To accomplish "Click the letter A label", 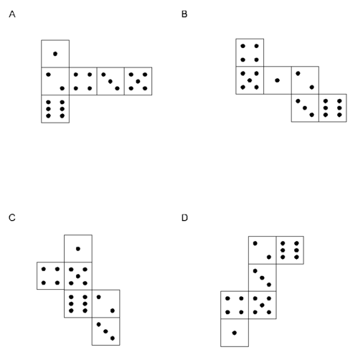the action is coord(12,14).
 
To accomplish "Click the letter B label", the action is coord(184,14).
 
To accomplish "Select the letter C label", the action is coord(12,218).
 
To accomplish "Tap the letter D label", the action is coord(184,218).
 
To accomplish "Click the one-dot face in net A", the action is coord(55,54).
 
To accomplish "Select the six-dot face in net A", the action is coord(55,109).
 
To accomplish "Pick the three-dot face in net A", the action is coord(110,81).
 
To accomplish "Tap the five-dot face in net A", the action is coord(138,81).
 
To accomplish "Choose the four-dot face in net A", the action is coord(83,81).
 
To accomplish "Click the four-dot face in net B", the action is coord(250,52).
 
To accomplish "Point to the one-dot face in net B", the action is coord(278,80).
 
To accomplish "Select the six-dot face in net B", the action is coord(333,108).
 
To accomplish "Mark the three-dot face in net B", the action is coord(305,108).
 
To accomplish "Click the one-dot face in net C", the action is coord(78,249).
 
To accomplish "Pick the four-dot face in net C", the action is coord(50,276).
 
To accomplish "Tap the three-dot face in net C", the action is coord(106,331).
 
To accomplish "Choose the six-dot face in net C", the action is coord(78,303).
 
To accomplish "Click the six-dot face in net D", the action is coord(290,250).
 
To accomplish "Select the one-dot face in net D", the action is coord(235,333).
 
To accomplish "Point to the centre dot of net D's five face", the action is coord(262,305).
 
